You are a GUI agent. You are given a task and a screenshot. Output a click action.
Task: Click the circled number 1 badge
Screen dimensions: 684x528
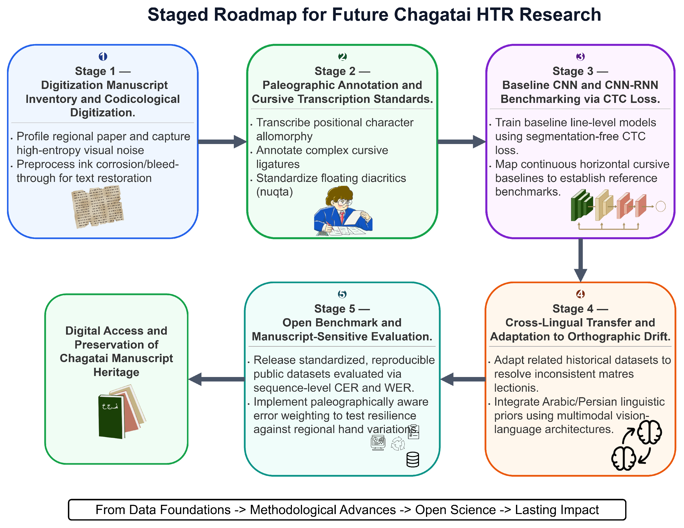point(103,57)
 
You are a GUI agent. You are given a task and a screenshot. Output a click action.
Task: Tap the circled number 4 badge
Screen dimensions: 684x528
point(580,294)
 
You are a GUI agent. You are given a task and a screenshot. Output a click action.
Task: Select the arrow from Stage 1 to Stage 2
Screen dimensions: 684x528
point(223,142)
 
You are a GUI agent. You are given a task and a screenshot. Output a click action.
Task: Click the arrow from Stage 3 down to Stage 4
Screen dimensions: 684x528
point(580,260)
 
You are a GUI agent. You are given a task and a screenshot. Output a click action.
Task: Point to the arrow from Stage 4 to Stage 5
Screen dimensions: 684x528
point(463,379)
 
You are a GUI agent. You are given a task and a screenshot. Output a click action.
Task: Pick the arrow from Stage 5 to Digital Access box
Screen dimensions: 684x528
point(216,379)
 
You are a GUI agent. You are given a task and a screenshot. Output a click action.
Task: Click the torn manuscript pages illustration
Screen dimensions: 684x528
point(97,206)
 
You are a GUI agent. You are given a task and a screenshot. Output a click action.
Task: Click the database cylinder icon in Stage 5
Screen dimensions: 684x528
point(413,459)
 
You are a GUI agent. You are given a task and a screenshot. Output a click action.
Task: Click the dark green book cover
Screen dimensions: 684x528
point(111,416)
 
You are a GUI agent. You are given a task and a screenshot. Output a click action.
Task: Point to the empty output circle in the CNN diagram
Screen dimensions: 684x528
point(661,206)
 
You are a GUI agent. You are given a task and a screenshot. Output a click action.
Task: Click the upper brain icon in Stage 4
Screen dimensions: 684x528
point(650,432)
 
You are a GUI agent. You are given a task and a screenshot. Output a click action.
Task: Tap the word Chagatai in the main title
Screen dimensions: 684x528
point(432,15)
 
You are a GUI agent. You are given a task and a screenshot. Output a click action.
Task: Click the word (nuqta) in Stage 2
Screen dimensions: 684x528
point(274,192)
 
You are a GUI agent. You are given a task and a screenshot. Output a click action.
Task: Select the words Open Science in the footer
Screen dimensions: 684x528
point(455,510)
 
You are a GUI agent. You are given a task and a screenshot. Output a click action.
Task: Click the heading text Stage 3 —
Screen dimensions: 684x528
point(580,71)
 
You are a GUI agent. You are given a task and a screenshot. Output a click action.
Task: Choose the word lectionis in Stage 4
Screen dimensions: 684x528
point(516,388)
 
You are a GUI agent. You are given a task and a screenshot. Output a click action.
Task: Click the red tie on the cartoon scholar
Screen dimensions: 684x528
point(342,217)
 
